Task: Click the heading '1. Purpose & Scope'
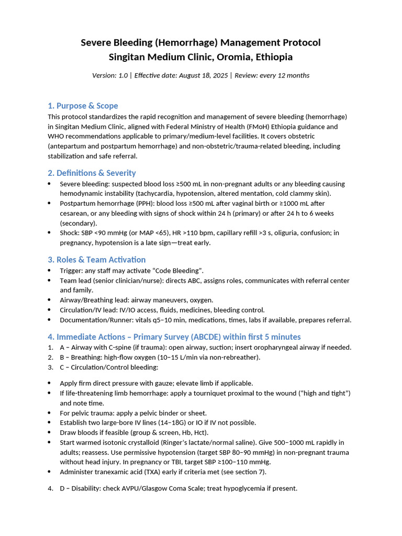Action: pyautogui.click(x=83, y=106)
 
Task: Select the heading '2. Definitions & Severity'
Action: pyautogui.click(x=92, y=173)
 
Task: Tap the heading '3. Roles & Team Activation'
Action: pyautogui.click(x=96, y=260)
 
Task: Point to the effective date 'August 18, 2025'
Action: pyautogui.click(x=203, y=75)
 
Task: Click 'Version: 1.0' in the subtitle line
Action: pyautogui.click(x=110, y=75)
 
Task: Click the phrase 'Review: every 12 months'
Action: pyautogui.click(x=272, y=75)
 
